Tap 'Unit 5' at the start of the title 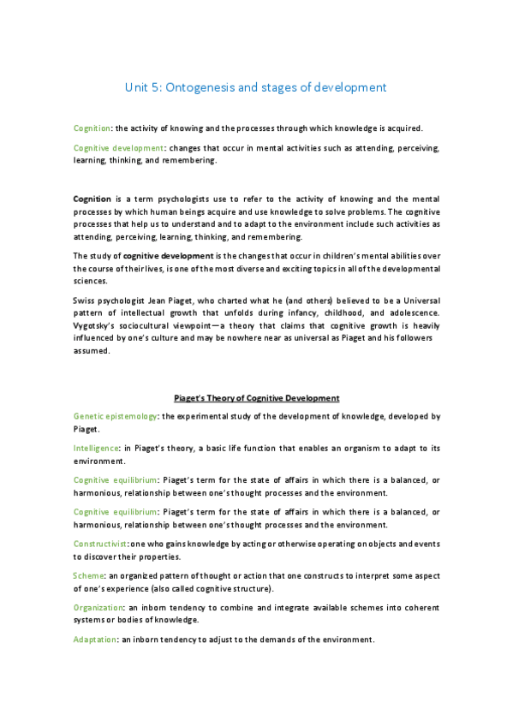[141, 87]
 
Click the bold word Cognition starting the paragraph [92, 199]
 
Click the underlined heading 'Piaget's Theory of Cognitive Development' [256, 398]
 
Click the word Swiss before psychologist [84, 303]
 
